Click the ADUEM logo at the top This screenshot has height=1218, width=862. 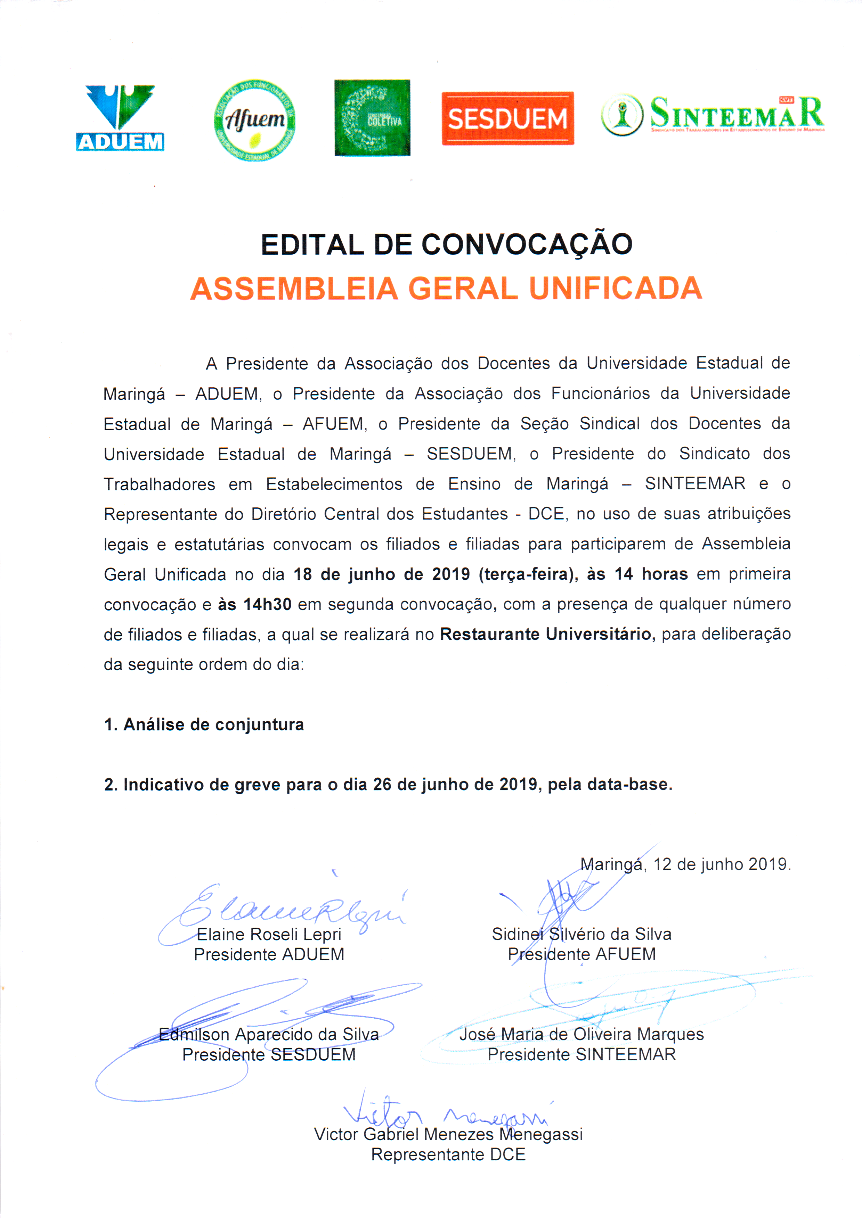click(x=120, y=118)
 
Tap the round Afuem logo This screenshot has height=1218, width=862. click(x=255, y=121)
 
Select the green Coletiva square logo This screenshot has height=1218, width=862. click(x=372, y=118)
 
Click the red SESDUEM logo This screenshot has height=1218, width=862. click(x=507, y=118)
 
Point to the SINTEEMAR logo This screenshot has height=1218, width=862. click(x=712, y=115)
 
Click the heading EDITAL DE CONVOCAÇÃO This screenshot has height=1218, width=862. click(x=446, y=245)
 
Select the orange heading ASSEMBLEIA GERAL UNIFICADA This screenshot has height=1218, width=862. click(x=446, y=289)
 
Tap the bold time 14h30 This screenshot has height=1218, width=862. click(x=267, y=605)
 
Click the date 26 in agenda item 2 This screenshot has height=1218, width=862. click(x=382, y=785)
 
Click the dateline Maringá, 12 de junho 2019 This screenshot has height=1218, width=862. click(x=685, y=864)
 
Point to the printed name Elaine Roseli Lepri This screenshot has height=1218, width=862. click(x=269, y=934)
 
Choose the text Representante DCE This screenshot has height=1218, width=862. click(x=448, y=1154)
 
